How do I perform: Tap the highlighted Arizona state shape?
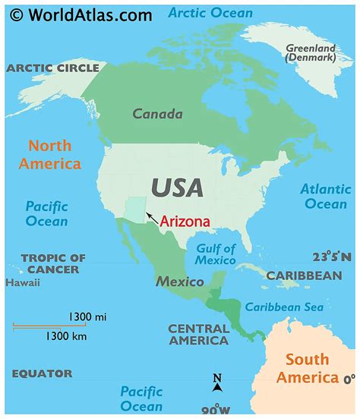135,210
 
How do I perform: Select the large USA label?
176,187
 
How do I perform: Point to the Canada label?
157,115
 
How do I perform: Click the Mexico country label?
180,282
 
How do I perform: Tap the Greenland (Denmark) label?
310,52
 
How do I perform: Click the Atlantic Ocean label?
324,196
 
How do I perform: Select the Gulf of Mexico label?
216,254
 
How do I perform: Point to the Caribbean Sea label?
284,307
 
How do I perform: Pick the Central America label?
198,335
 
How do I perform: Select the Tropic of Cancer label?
53,263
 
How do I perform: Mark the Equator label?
42,373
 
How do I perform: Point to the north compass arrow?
217,383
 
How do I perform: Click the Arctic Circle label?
52,68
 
